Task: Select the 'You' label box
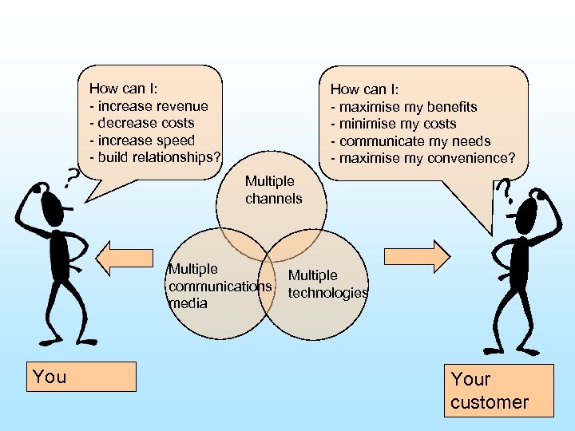tap(83, 377)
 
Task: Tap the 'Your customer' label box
tap(500, 390)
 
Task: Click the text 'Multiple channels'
tap(273, 190)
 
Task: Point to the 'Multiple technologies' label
tap(327, 284)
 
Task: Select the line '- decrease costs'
tap(145, 123)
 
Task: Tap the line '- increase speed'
tap(145, 140)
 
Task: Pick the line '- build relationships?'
tap(158, 157)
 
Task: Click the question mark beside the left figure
tap(72, 176)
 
